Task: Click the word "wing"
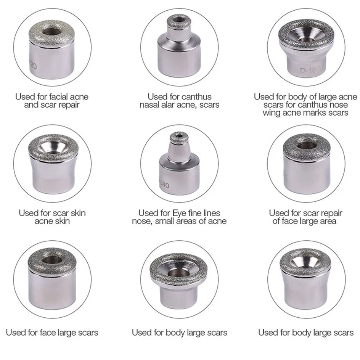(271, 112)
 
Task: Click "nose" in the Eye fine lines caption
(141, 221)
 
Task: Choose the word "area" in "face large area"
(327, 221)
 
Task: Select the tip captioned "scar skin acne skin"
(52, 167)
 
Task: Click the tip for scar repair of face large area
(306, 167)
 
